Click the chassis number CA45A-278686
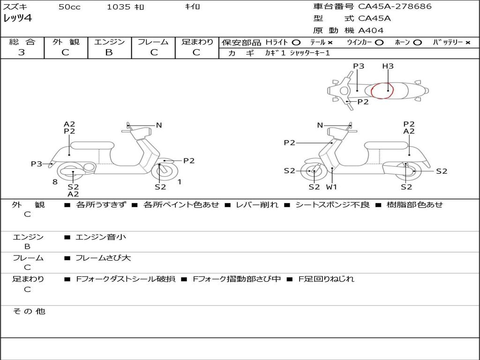coord(395,7)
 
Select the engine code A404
coord(371,30)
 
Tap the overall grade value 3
coord(22,52)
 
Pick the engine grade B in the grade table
coord(109,52)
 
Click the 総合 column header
coord(22,42)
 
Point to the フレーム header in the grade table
coord(153,42)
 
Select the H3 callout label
coord(388,66)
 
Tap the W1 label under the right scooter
coord(332,187)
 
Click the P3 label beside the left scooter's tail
coord(37,164)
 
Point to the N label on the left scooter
coord(159,125)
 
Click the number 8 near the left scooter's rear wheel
coord(55,182)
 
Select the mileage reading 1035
coord(119,7)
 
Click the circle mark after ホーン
coord(417,42)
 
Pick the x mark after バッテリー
coord(467,42)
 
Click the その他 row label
coord(29,311)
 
